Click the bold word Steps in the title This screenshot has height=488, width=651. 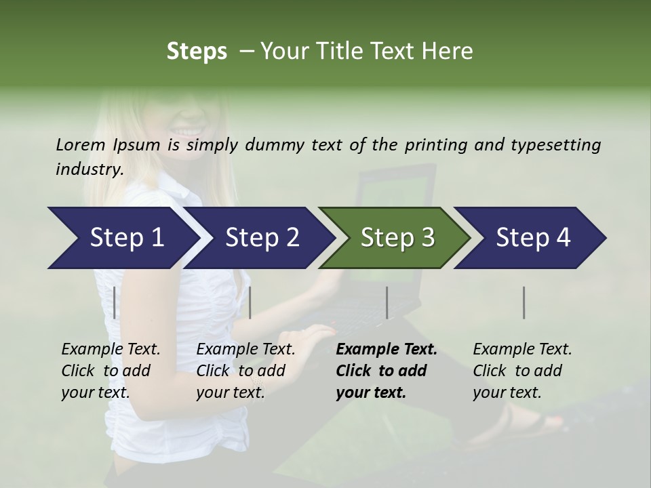click(197, 52)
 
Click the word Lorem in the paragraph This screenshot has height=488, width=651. click(81, 144)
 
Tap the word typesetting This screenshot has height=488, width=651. click(551, 144)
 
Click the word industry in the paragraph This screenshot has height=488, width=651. click(89, 169)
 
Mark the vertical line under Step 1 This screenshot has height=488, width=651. click(115, 302)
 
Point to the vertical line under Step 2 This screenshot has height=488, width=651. click(250, 302)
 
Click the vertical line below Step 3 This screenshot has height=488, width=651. click(387, 302)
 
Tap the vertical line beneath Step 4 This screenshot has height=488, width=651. click(524, 302)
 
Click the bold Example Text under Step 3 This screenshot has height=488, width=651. click(387, 350)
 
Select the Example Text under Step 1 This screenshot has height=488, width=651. click(111, 350)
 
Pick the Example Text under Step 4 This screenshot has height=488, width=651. click(523, 350)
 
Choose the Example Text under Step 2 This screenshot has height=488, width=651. click(246, 350)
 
